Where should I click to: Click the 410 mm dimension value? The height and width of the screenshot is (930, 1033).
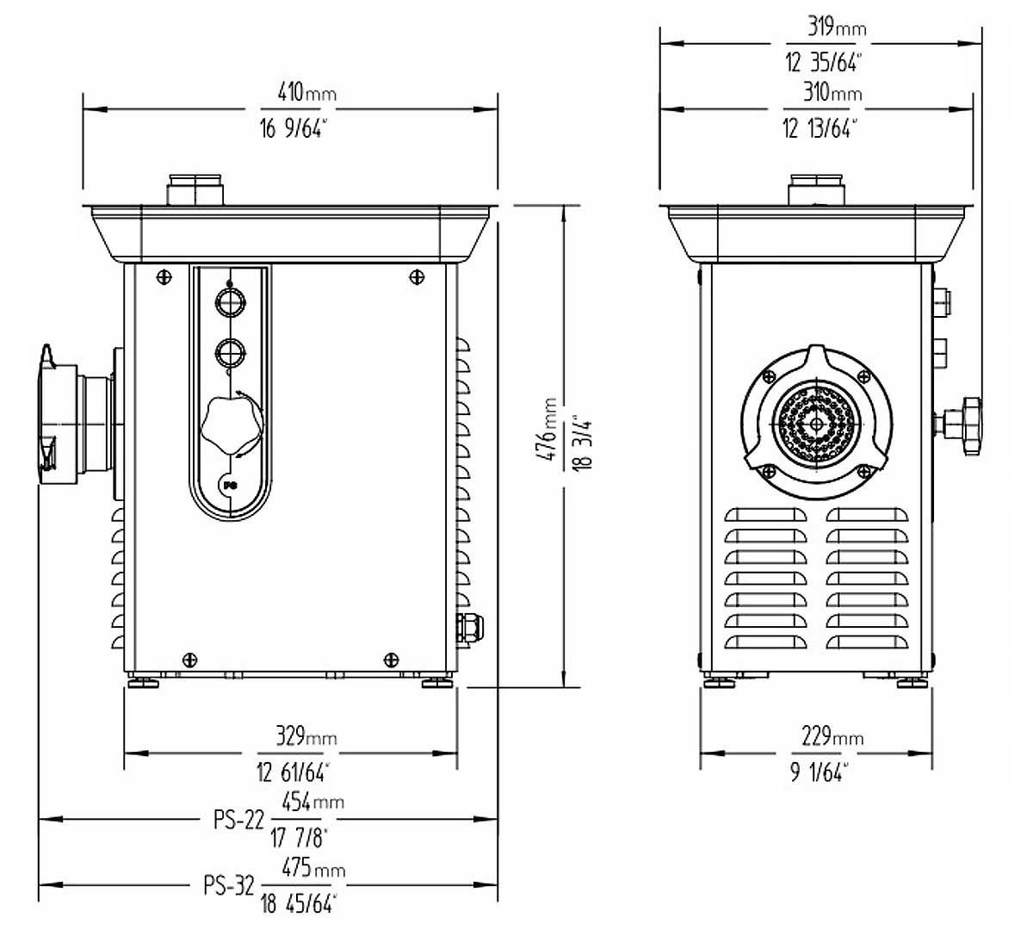click(307, 93)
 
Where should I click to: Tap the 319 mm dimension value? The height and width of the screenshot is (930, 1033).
click(837, 27)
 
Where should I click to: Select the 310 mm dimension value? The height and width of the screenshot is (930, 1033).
click(832, 93)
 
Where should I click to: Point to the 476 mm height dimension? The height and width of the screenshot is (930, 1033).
click(548, 429)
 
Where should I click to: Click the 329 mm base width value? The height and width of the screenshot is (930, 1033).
click(306, 736)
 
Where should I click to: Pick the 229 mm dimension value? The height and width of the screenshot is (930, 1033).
click(832, 736)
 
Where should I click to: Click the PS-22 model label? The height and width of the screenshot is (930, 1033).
click(238, 819)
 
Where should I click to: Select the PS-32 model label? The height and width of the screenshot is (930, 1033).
click(229, 885)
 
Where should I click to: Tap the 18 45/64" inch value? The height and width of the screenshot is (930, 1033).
click(298, 904)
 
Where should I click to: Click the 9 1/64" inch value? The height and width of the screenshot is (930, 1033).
click(819, 772)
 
